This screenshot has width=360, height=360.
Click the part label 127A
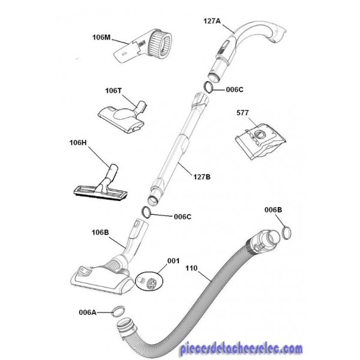click(212, 21)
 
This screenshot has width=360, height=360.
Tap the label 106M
click(101, 37)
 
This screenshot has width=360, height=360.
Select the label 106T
click(113, 91)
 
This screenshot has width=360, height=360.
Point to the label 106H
click(78, 143)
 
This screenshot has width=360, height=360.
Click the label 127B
click(202, 177)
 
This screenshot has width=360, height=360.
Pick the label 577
click(242, 113)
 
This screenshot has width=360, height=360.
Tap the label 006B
click(273, 210)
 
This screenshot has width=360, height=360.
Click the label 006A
click(88, 313)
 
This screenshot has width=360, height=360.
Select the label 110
click(191, 268)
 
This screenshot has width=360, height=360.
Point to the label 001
click(173, 261)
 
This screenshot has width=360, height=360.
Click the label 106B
click(100, 232)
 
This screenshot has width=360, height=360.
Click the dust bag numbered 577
click(260, 141)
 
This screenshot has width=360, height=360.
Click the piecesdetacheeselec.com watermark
click(242, 349)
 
